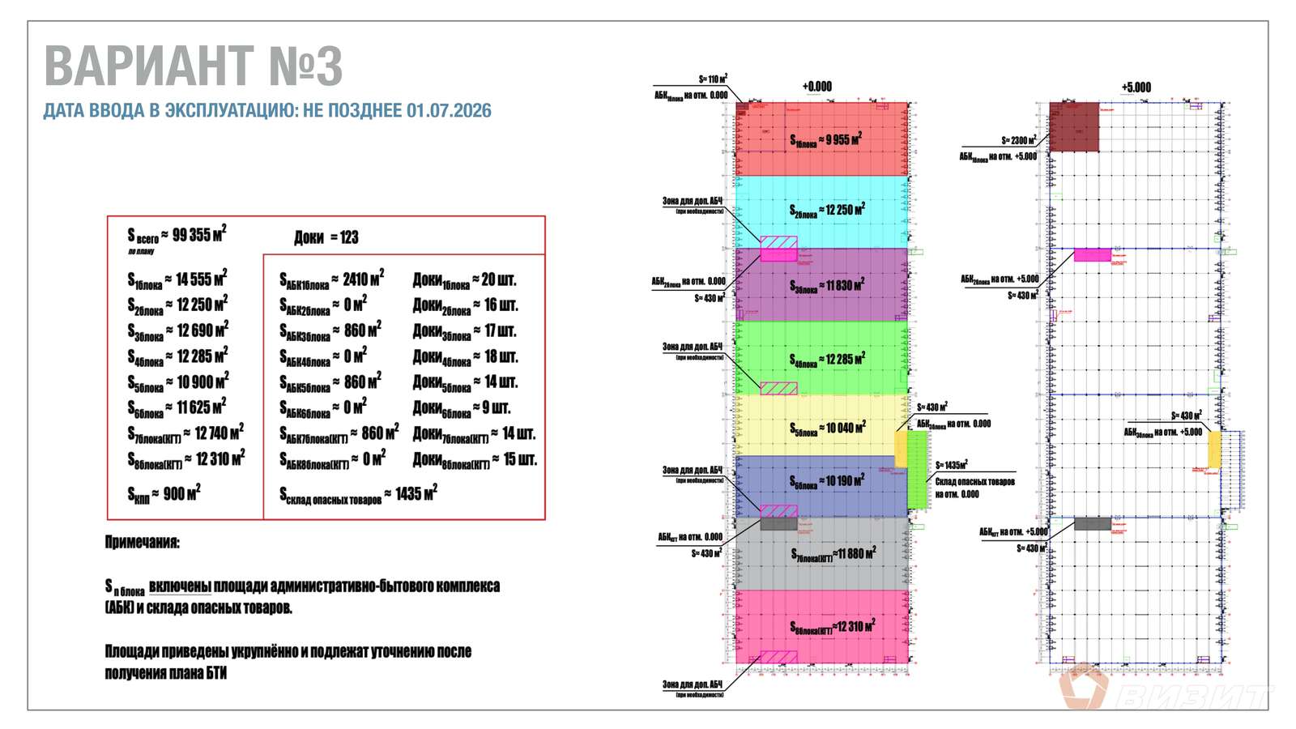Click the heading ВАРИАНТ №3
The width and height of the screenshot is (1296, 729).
tap(193, 66)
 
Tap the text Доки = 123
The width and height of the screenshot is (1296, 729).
tap(326, 237)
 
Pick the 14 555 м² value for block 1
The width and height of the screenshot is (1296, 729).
tap(201, 279)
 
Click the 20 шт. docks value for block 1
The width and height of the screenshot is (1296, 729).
tap(498, 280)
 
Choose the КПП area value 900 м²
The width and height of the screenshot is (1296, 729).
tap(181, 493)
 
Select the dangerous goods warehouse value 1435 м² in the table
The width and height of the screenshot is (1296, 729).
tap(416, 493)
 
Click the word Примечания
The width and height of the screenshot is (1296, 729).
tap(143, 543)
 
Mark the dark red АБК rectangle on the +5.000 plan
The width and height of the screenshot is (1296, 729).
tap(1074, 127)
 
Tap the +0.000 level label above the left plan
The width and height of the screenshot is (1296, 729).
tap(816, 87)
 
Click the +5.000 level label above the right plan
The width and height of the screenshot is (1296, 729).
tap(1136, 87)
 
